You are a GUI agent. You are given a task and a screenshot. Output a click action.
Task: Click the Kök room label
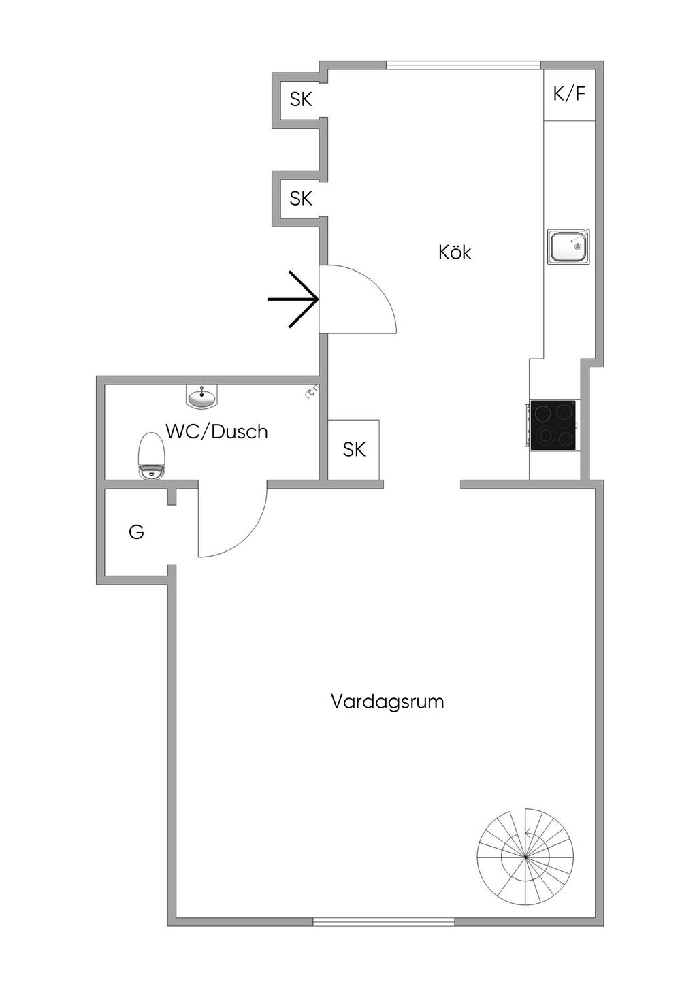(455, 252)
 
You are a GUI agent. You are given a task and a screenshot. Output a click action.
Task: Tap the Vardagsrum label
(387, 702)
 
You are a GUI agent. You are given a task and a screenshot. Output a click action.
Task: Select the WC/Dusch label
(216, 431)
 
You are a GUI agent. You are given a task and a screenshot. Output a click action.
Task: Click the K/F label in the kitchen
(569, 94)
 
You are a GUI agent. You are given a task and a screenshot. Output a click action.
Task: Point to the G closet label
(136, 532)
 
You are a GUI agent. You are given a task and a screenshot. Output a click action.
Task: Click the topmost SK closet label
(300, 99)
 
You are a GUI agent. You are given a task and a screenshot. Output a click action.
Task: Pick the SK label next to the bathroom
(354, 449)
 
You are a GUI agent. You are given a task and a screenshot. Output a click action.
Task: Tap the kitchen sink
(568, 246)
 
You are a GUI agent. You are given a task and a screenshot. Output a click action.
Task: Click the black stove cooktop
(553, 425)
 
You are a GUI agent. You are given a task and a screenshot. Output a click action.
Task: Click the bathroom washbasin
(201, 396)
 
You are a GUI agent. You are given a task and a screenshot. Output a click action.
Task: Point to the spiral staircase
(525, 857)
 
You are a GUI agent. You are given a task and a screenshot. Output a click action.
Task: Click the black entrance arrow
(294, 299)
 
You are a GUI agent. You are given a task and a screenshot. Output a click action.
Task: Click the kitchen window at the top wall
(464, 65)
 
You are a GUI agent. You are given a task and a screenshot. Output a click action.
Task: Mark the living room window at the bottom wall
(383, 922)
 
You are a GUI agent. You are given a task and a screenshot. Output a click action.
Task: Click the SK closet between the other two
(300, 199)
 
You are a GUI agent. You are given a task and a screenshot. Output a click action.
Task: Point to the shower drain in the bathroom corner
(312, 391)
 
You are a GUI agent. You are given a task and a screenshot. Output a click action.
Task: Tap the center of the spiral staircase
(525, 857)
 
